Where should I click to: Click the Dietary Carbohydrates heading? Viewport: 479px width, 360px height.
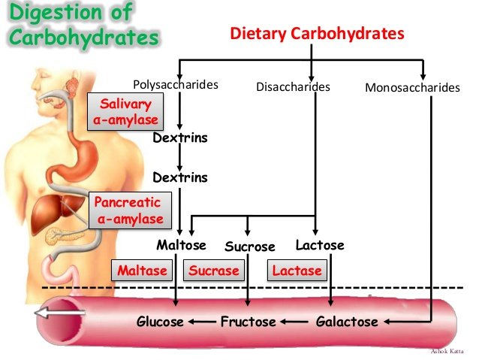pos(317,34)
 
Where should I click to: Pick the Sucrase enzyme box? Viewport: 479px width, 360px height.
pos(214,271)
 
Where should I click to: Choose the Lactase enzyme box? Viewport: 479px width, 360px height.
pos(297,271)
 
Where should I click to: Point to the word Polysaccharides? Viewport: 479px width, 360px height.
pos(176,85)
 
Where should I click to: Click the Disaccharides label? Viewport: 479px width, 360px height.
pos(293,87)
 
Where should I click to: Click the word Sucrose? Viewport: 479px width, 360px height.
pos(250,247)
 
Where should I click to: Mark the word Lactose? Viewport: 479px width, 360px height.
pos(320,246)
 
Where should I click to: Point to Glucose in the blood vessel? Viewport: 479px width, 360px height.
pos(160,322)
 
